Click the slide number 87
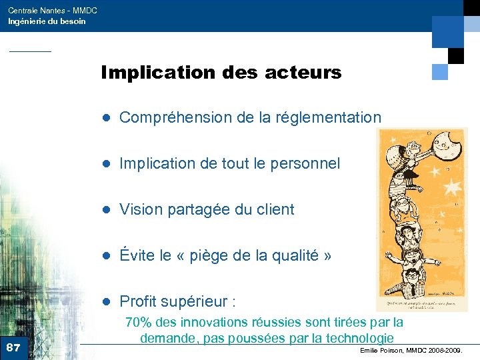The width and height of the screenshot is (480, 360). (13, 347)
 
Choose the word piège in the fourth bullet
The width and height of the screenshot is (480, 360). (225, 256)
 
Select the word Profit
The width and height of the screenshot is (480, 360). (142, 301)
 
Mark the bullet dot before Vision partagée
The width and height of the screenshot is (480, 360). (105, 210)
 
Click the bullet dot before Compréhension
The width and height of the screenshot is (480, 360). (105, 119)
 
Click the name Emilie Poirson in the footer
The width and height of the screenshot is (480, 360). (382, 350)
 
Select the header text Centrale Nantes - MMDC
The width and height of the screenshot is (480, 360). (43, 11)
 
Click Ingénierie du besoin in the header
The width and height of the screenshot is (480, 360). (47, 21)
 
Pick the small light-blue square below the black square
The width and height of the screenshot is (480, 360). (439, 72)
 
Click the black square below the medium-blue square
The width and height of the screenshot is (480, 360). (455, 55)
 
